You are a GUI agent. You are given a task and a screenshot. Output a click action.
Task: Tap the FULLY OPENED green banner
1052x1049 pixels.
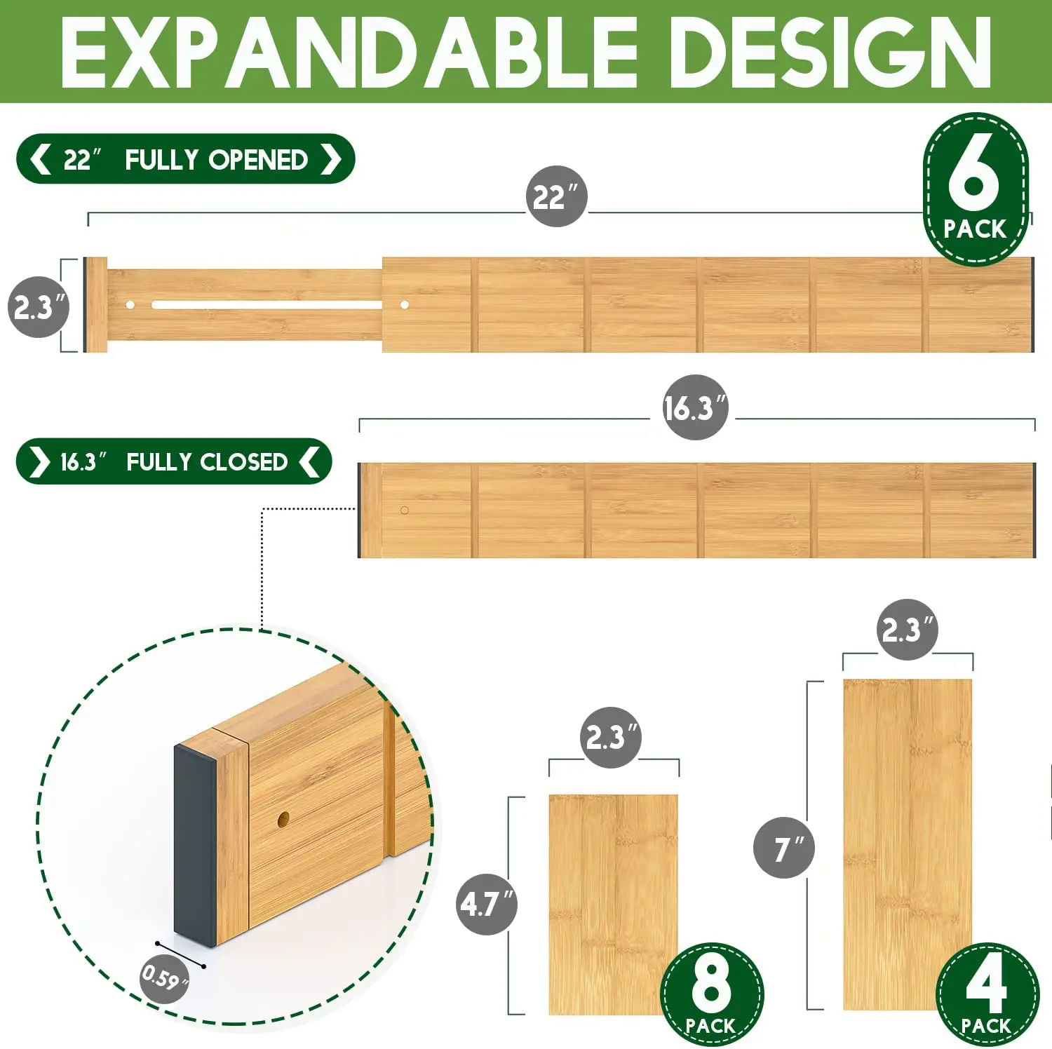tap(185, 159)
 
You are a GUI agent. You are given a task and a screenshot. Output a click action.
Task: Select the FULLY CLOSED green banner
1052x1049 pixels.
tap(173, 461)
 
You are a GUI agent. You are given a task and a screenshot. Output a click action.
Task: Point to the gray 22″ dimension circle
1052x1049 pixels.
tap(556, 196)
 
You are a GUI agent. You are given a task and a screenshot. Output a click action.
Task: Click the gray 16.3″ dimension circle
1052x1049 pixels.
tap(695, 407)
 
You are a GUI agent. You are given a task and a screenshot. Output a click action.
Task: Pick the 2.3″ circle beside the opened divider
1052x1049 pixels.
tap(39, 307)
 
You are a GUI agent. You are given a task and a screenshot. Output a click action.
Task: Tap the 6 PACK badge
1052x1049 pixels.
tap(975, 189)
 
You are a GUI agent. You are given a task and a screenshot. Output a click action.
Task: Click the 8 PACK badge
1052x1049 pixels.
tap(711, 994)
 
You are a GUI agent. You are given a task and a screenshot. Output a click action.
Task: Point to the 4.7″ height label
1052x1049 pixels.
tap(487, 904)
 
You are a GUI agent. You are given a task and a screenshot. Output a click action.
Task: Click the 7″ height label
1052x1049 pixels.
tap(783, 848)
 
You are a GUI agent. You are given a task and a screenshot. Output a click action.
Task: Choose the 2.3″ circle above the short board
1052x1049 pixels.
tap(611, 737)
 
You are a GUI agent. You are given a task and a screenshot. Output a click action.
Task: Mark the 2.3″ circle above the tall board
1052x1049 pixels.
tap(907, 630)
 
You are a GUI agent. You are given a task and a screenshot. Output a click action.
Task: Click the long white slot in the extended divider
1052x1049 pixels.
tap(267, 305)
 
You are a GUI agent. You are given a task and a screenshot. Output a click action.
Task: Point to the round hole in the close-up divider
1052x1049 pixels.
tap(283, 818)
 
